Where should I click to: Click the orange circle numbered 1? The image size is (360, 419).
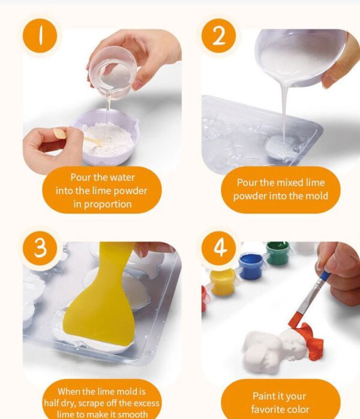pyautogui.click(x=40, y=35)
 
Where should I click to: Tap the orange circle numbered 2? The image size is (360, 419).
pyautogui.click(x=218, y=35)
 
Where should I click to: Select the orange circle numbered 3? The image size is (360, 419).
pyautogui.click(x=40, y=248)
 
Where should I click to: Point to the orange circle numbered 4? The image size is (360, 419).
pyautogui.click(x=218, y=248)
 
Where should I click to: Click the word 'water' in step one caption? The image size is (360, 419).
pyautogui.click(x=122, y=177)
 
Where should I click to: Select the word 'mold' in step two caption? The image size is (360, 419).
pyautogui.click(x=317, y=196)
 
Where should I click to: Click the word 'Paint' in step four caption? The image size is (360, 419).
pyautogui.click(x=264, y=396)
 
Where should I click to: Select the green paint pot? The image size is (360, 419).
pyautogui.click(x=278, y=252)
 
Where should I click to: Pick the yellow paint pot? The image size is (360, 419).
pyautogui.click(x=223, y=282)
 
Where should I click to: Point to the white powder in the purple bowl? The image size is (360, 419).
pyautogui.click(x=107, y=140)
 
